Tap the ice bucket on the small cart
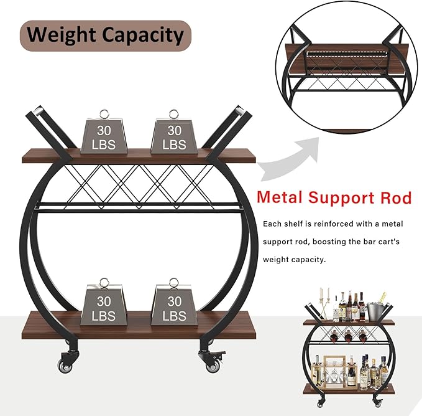pos(374,312)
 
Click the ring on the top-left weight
pos(104,114)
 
